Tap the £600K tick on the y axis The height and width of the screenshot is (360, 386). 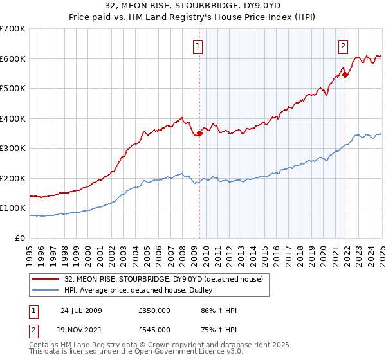tap(13, 59)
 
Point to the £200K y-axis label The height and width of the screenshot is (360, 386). tap(13, 178)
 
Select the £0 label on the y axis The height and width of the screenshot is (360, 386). tap(19, 238)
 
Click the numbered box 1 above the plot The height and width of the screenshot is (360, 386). tap(197, 46)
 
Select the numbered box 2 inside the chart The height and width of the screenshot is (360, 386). tap(344, 46)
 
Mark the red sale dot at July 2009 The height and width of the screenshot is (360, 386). tap(200, 133)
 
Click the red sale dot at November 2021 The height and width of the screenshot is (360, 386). tap(345, 75)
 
